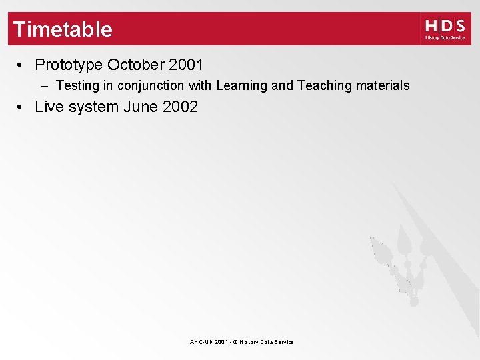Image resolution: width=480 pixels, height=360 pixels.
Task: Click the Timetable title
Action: coord(63,29)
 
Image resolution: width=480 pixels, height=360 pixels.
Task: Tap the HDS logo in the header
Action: coord(445,29)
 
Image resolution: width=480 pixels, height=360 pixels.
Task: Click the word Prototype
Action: coord(69,65)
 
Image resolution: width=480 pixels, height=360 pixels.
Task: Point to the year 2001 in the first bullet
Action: coord(186,65)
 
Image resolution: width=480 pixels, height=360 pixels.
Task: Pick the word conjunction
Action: coord(150,85)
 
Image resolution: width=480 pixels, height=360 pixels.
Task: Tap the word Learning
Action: coord(243,85)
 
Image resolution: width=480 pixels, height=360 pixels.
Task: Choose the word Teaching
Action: coord(325,85)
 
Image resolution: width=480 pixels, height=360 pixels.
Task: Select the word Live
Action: coord(48,107)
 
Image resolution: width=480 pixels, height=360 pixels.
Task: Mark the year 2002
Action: coord(180,107)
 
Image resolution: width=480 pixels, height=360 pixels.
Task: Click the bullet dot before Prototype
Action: coord(22,65)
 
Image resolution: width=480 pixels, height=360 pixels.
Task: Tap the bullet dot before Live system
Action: coord(22,107)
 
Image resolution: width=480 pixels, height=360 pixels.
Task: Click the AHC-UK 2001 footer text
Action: coord(207,342)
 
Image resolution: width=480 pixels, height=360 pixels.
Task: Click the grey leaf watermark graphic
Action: coord(400,260)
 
